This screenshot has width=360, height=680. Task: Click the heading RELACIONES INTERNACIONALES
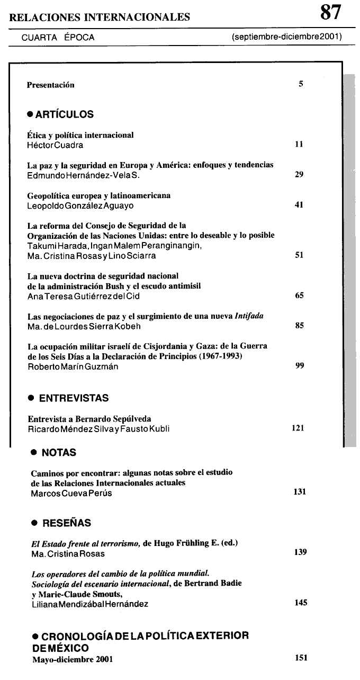pyautogui.click(x=100, y=17)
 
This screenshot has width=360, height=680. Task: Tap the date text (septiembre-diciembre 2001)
pyautogui.click(x=286, y=37)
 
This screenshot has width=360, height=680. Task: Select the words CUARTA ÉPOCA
pyautogui.click(x=58, y=38)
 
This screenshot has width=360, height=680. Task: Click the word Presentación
pyautogui.click(x=51, y=85)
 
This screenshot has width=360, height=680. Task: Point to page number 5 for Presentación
pyautogui.click(x=301, y=84)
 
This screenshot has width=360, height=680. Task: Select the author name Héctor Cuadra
pyautogui.click(x=55, y=145)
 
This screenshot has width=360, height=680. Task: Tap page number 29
pyautogui.click(x=299, y=175)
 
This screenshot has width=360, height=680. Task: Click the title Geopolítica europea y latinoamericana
pyautogui.click(x=98, y=195)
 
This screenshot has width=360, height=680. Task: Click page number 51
pyautogui.click(x=299, y=255)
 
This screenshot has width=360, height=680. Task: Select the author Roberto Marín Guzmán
pyautogui.click(x=73, y=366)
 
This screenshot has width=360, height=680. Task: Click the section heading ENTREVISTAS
pyautogui.click(x=74, y=398)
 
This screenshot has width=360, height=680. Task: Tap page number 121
pyautogui.click(x=298, y=427)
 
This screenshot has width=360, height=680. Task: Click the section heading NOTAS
pyautogui.click(x=59, y=453)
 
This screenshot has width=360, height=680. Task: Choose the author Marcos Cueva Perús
pyautogui.click(x=71, y=493)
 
